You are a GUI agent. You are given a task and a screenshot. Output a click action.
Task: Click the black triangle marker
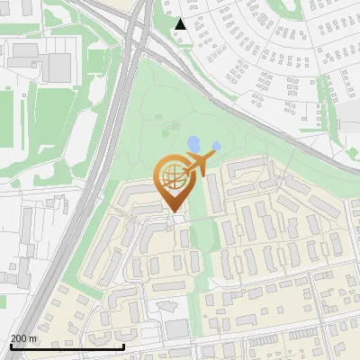(181, 24)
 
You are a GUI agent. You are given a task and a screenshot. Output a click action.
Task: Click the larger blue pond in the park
(193, 143)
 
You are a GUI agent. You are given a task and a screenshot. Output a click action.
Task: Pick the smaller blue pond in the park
(216, 146)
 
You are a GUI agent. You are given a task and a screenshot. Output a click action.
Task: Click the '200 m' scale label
(23, 338)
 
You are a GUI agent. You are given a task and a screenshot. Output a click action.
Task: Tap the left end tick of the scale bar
(11, 346)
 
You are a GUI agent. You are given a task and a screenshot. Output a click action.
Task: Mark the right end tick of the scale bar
(123, 346)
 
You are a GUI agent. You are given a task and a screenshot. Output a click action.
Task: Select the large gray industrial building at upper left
(58, 65)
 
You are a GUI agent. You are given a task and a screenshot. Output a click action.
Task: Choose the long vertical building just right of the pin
(215, 193)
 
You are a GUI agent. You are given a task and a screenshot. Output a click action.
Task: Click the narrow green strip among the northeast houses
(321, 90)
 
